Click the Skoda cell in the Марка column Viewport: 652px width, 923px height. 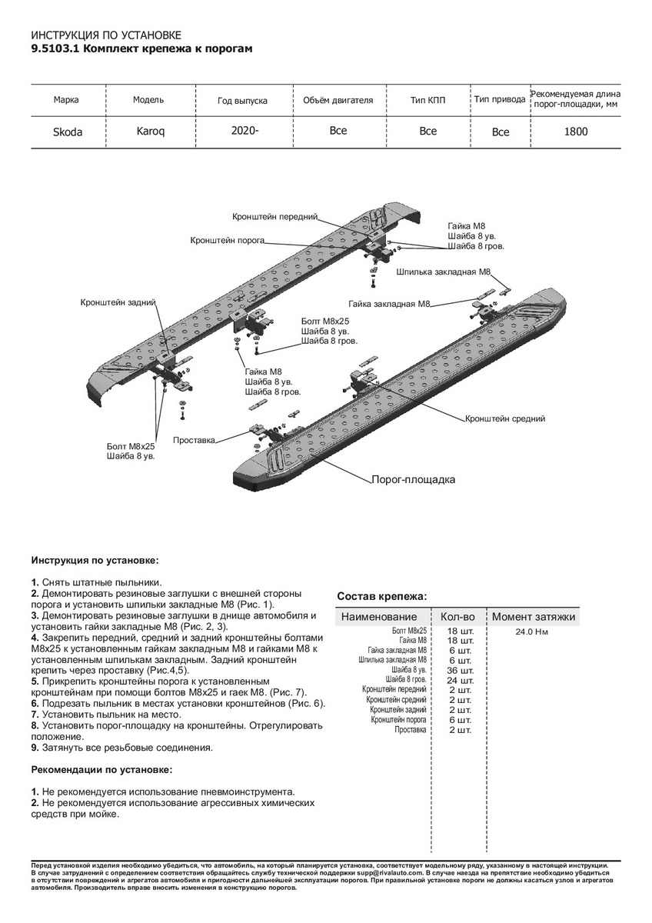(67, 132)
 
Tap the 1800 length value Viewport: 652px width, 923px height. (576, 132)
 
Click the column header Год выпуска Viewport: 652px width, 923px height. (242, 101)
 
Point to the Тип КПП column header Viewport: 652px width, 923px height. (428, 100)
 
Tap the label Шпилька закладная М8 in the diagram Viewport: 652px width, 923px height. (444, 272)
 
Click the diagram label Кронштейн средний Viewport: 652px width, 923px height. (504, 419)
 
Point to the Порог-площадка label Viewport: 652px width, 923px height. (413, 479)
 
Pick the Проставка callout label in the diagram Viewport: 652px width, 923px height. (194, 440)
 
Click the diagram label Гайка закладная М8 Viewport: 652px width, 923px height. (388, 304)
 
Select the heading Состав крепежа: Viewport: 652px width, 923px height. (382, 596)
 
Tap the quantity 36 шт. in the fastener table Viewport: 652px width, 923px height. (460, 670)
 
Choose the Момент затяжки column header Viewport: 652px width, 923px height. (534, 617)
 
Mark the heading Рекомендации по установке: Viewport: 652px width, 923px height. (101, 769)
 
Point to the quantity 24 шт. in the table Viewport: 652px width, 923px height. (460, 680)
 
